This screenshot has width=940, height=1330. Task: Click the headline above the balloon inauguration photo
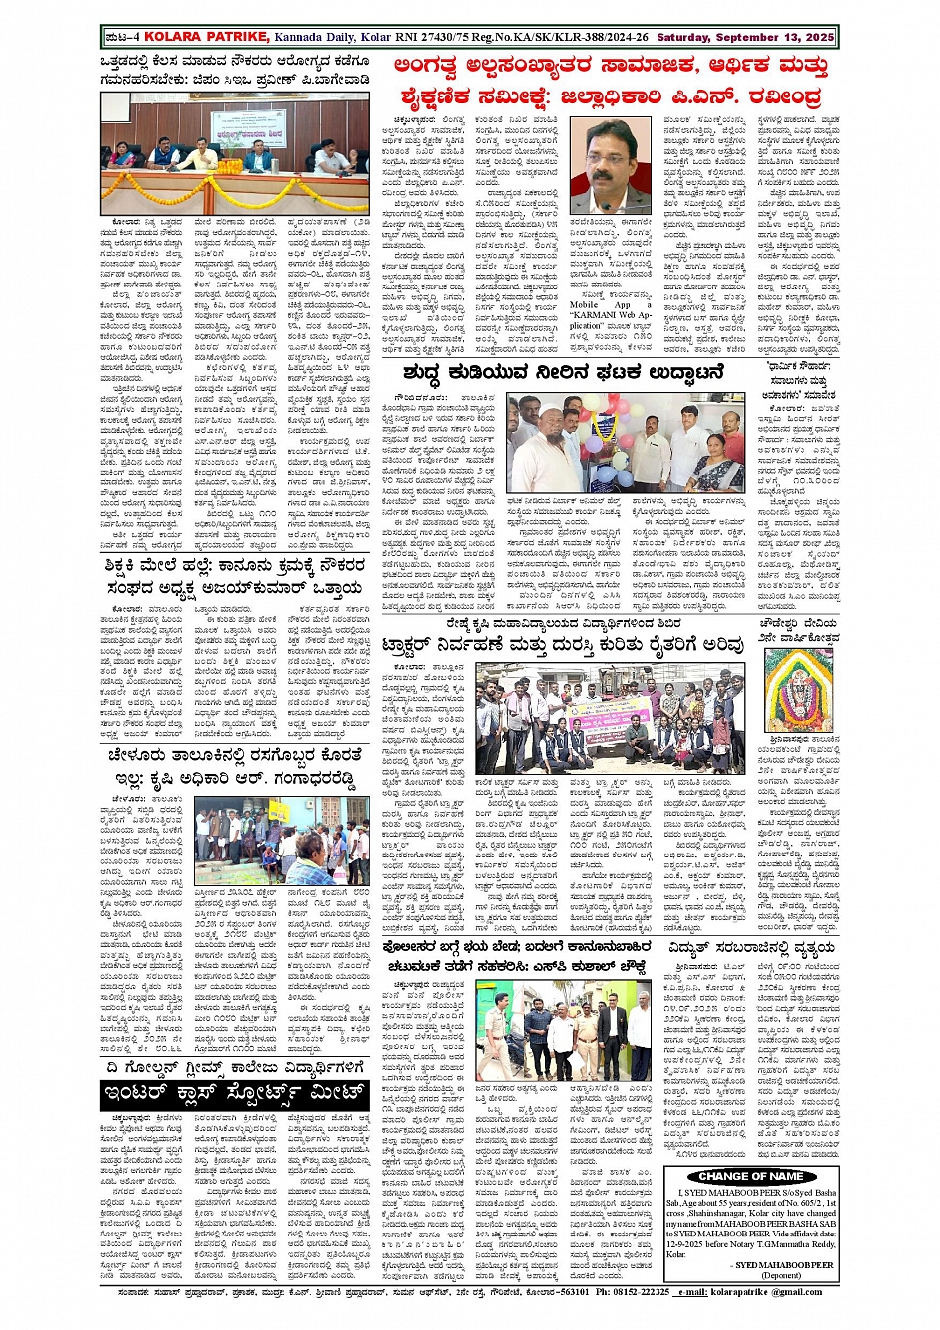(x=563, y=372)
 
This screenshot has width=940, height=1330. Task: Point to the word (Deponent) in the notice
(x=781, y=1274)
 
